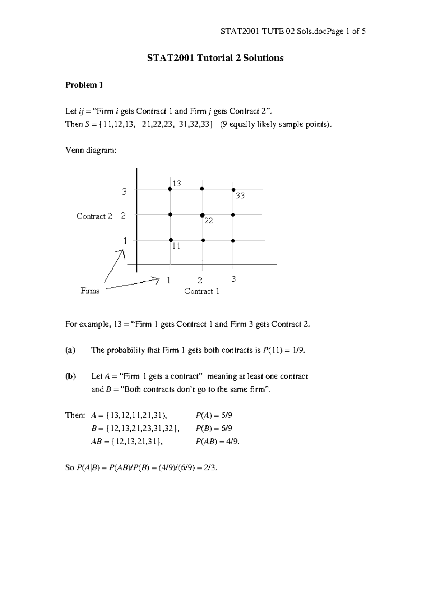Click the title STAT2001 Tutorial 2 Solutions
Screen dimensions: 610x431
tap(215, 58)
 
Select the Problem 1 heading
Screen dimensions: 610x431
tap(84, 85)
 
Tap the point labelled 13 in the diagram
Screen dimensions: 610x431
tap(170, 189)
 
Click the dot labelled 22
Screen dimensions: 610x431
tap(202, 215)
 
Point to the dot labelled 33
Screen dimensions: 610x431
tap(233, 190)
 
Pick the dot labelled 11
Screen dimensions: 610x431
tap(171, 240)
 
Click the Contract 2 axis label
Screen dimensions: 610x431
tap(94, 216)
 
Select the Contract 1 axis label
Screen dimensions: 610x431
tap(201, 291)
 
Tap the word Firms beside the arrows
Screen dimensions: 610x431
tap(90, 291)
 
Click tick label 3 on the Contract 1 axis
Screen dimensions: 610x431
tap(233, 279)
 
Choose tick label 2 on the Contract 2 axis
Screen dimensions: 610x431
tap(124, 216)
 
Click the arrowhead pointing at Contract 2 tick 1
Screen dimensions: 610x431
tap(122, 254)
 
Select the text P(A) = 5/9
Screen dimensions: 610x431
tap(214, 416)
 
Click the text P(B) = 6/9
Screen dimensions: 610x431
tap(214, 429)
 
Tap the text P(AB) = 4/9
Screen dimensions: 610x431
tap(217, 442)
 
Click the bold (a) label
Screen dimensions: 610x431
tap(70, 350)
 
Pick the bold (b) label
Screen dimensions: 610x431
tap(70, 376)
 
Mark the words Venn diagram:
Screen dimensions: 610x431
tap(91, 151)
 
